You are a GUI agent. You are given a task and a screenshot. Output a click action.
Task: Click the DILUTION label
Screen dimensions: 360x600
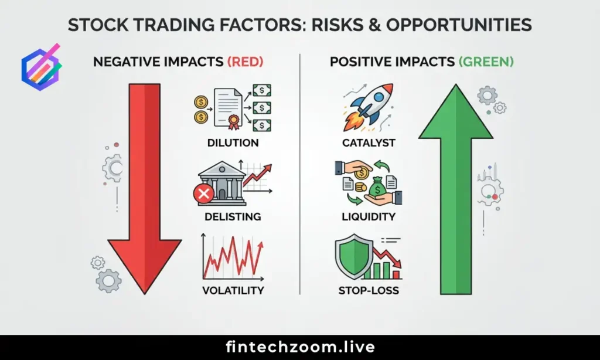[x=233, y=143]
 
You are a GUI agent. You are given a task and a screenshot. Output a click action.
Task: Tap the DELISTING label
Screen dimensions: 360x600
[x=233, y=216]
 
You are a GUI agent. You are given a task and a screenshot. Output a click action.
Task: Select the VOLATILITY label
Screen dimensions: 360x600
[x=233, y=290]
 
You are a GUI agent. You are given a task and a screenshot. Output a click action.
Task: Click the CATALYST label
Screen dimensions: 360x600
[x=369, y=143]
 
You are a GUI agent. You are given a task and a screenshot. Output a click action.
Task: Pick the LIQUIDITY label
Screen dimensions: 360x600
[x=369, y=216]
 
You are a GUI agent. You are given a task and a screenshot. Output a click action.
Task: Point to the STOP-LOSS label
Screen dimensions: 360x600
[x=369, y=290]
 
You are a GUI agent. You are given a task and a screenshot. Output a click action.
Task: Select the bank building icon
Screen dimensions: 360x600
[x=221, y=181]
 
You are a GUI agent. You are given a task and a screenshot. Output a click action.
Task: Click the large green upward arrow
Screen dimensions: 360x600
[x=455, y=188]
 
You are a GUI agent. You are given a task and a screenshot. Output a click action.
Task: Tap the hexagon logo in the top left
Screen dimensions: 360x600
[x=40, y=66]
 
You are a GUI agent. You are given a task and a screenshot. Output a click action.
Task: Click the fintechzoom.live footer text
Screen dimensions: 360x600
[x=300, y=347]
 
